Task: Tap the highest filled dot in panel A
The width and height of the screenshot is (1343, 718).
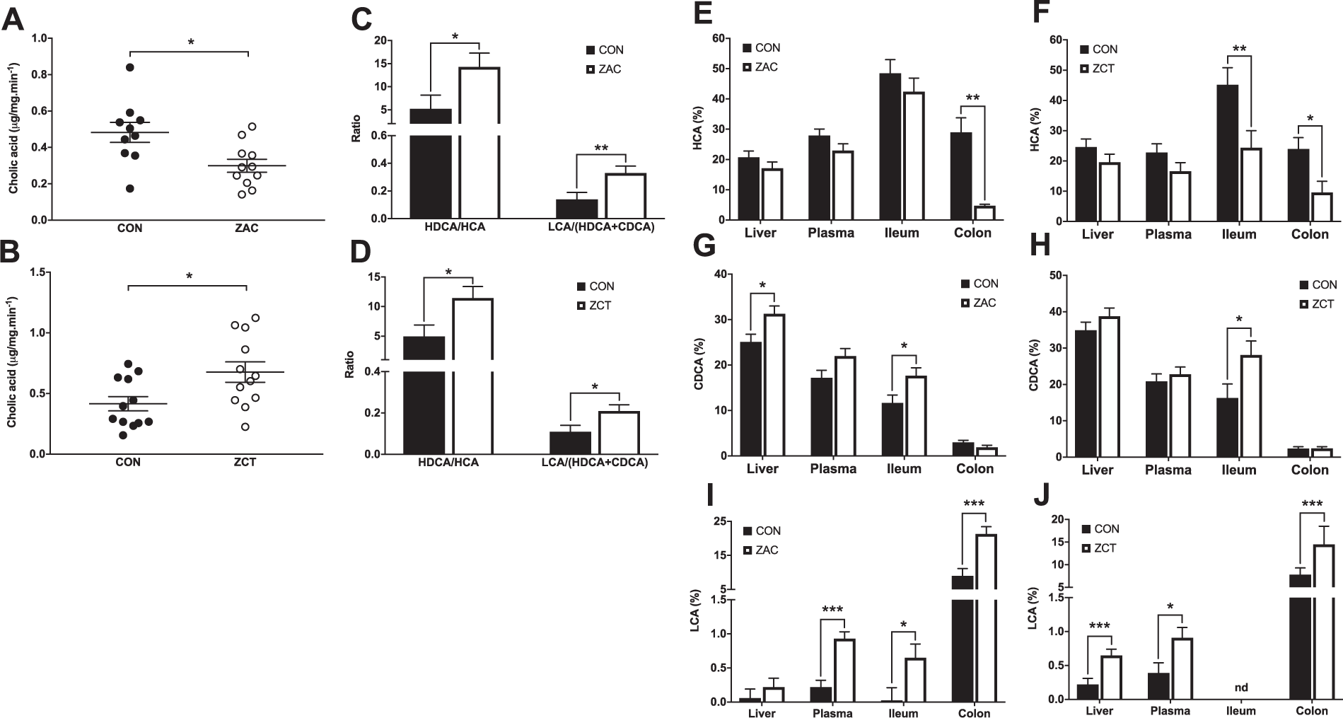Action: [130, 67]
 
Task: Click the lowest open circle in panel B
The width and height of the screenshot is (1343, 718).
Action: [244, 427]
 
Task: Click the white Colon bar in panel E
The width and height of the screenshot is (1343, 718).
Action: [984, 213]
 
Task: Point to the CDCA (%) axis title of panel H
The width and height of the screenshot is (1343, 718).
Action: [1037, 366]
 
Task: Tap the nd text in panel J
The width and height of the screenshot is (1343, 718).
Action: [1240, 687]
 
